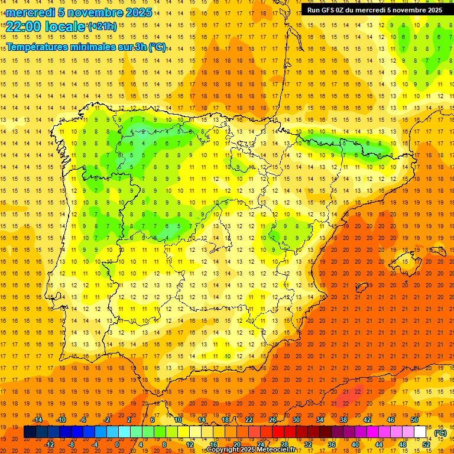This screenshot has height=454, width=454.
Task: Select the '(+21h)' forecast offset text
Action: (x=102, y=26)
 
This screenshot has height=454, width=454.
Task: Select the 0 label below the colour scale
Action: (x=117, y=444)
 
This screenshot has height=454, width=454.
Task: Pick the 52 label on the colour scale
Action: (x=426, y=444)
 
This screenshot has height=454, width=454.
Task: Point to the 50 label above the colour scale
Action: (x=414, y=419)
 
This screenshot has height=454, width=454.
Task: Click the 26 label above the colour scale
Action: (x=273, y=419)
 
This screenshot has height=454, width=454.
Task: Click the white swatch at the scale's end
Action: (x=420, y=432)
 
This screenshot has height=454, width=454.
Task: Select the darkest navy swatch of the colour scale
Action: (x=30, y=432)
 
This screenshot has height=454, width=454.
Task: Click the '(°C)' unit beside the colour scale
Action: (x=440, y=432)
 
